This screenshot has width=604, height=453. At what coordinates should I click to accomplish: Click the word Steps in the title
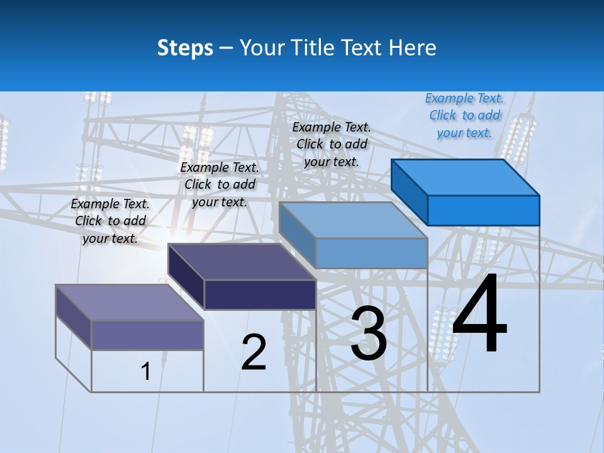185,48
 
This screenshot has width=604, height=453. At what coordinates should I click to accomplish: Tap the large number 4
479,315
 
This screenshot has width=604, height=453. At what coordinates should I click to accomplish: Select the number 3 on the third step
368,333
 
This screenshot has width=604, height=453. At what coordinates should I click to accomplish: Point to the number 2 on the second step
254,352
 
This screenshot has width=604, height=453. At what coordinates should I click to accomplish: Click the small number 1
146,371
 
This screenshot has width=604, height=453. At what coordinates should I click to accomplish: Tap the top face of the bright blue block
466,177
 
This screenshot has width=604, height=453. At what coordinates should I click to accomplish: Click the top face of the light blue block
354,220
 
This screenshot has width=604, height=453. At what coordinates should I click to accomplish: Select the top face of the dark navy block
242,261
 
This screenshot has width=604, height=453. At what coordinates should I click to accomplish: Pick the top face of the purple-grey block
130,302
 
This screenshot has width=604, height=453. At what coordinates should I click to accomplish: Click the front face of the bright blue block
483,210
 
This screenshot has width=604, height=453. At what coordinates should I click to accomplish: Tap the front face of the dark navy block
260,294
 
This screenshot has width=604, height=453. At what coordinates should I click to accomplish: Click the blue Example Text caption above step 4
464,116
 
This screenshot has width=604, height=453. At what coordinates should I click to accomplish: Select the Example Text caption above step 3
332,144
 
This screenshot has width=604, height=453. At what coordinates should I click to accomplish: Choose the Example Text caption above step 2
220,184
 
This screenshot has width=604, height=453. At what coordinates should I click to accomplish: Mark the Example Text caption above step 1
110,221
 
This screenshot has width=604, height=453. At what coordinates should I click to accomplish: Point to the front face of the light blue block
371,253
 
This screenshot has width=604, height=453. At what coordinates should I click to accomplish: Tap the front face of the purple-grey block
147,335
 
